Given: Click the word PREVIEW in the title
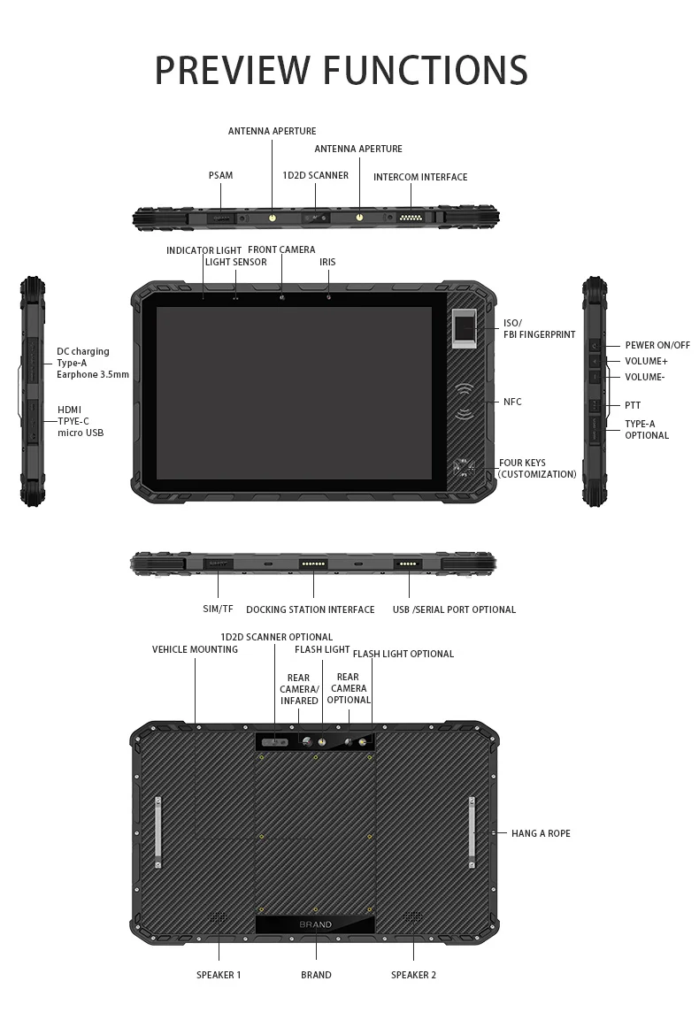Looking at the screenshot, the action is pos(232,71).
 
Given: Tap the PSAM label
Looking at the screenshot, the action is pos(220,175).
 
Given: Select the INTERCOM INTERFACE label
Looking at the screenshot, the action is pos(420,177).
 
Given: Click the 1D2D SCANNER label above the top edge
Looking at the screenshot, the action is pos(315,175).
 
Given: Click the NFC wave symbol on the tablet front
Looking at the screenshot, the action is pos(465,401).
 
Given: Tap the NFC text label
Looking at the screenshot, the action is pos(512,402).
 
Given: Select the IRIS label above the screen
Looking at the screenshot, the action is pos(327,262).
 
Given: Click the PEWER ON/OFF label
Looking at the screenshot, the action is pos(657,345).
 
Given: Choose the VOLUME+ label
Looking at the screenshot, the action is pos(646,361).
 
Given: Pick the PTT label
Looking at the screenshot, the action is pos(632,405).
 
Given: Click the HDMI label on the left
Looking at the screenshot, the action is pos(70,410).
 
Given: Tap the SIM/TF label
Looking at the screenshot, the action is pos(218,609).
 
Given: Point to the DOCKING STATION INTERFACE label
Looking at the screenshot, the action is pos(310,609).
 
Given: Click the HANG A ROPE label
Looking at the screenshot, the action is pos(541,833).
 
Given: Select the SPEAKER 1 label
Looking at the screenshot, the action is pos(219,975).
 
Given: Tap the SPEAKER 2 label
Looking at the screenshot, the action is pos(413,975).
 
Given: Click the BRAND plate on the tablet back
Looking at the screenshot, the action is pos(315,924).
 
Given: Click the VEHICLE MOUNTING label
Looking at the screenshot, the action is pos(195,649).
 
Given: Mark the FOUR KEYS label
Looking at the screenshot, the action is pos(522,463).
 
